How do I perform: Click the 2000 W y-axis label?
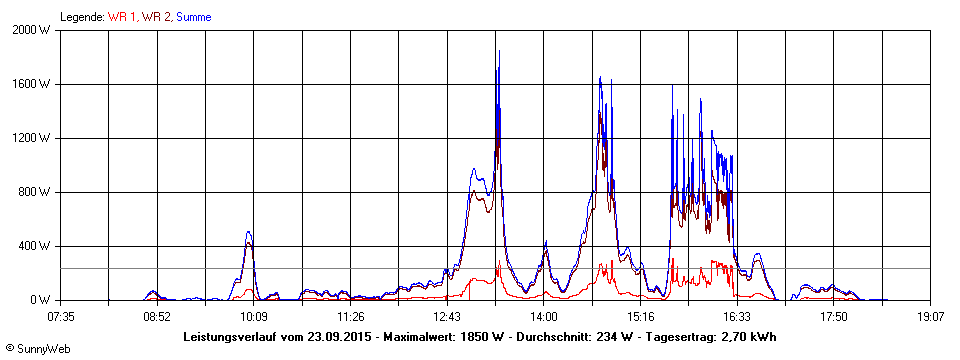click(32, 30)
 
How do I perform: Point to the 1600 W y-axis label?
click(32, 84)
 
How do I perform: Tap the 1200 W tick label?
click(32, 138)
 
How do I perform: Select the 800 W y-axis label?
click(35, 192)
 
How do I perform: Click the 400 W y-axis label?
click(35, 246)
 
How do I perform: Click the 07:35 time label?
click(61, 317)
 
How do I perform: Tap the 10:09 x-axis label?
click(254, 317)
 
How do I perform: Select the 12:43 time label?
click(448, 317)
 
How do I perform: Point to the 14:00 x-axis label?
click(544, 317)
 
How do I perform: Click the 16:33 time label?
click(738, 317)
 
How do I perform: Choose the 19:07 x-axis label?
click(931, 317)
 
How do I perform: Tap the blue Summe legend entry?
click(194, 17)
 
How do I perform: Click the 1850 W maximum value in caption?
click(481, 337)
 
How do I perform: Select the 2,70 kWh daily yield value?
click(749, 337)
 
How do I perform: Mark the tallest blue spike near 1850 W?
click(499, 52)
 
